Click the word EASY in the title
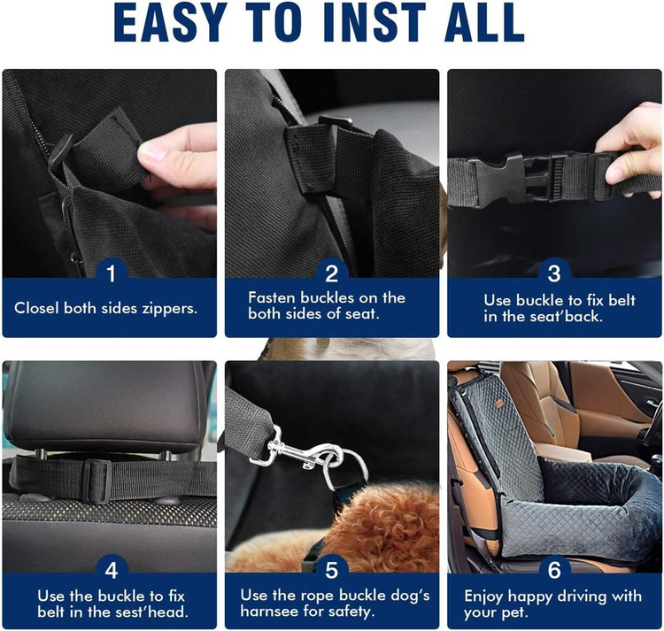(170, 22)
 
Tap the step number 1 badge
(112, 273)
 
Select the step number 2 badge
(332, 273)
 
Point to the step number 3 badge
(554, 273)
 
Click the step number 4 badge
(112, 570)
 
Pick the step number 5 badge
(332, 570)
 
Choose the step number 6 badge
(554, 570)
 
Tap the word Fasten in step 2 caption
(272, 297)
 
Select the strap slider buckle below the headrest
(97, 481)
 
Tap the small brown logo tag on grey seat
(500, 404)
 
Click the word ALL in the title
(484, 22)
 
